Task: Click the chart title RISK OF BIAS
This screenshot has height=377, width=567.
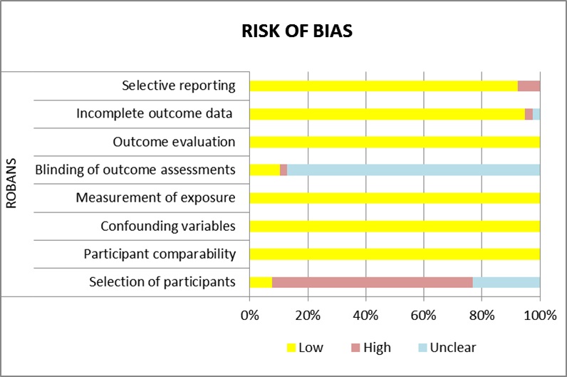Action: (293, 33)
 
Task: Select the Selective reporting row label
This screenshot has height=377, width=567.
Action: (178, 86)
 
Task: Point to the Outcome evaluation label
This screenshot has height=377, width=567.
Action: (174, 142)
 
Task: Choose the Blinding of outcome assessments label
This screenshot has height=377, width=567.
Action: (135, 170)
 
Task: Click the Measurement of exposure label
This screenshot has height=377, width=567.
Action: (155, 197)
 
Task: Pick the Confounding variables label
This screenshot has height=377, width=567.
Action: (167, 226)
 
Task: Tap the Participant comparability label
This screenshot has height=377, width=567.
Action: (159, 254)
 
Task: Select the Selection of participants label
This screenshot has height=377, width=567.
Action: (162, 282)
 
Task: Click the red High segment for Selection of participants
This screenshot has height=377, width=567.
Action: (372, 282)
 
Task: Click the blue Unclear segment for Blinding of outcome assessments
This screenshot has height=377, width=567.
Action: (413, 170)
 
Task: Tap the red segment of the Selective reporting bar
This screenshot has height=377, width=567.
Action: (529, 86)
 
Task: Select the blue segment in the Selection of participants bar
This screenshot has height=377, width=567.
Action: (506, 282)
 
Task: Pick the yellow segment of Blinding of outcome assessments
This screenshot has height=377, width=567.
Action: (264, 170)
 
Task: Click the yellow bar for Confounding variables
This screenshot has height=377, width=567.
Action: (395, 226)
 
